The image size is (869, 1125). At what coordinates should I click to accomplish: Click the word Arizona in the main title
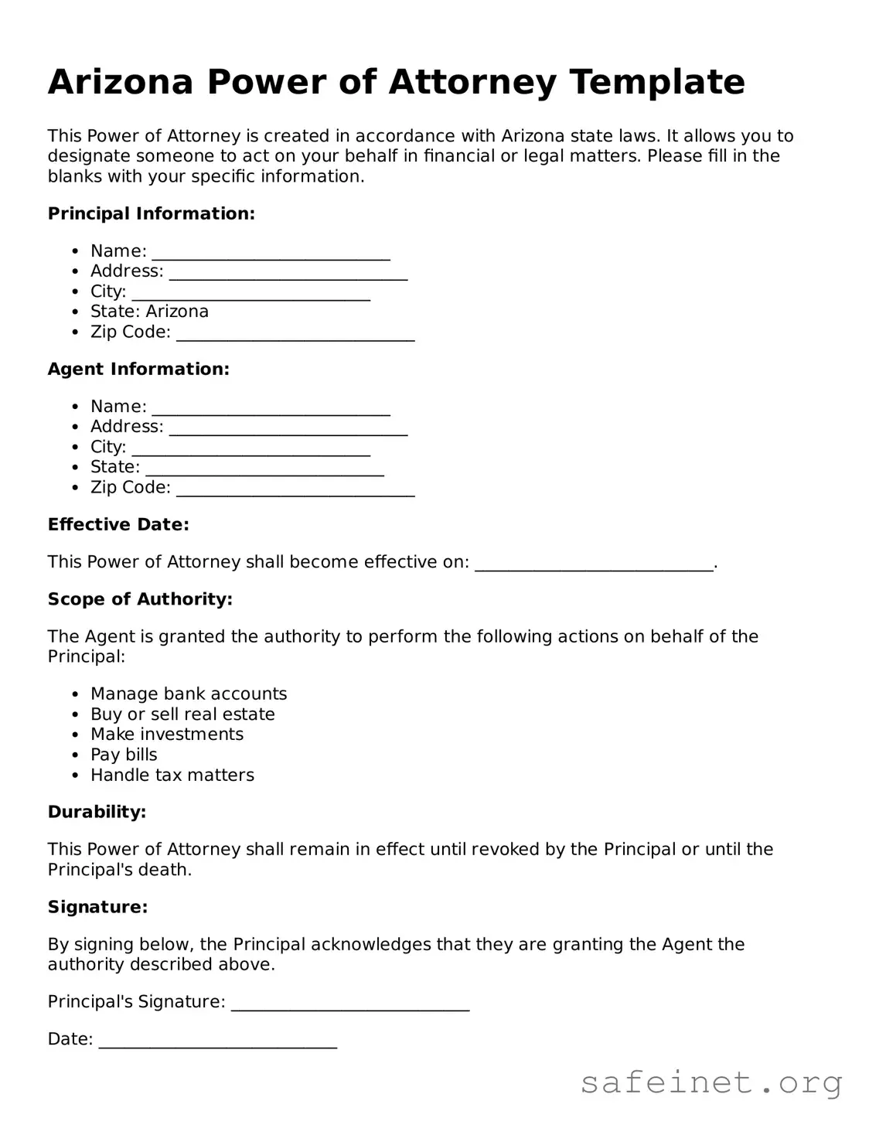(x=120, y=82)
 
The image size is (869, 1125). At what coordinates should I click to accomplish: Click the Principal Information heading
(x=151, y=213)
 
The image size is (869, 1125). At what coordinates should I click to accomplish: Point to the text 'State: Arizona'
(x=149, y=312)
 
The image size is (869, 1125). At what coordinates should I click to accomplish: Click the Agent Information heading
(x=138, y=369)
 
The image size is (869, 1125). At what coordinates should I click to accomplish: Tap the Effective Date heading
(x=118, y=524)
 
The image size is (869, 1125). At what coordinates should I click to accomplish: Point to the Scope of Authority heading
(x=140, y=599)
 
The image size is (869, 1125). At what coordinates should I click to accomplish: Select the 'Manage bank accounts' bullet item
(x=189, y=694)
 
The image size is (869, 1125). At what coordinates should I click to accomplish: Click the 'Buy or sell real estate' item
(x=182, y=714)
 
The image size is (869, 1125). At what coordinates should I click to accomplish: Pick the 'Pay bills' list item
(x=124, y=755)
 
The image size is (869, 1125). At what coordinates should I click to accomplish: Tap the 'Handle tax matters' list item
(x=172, y=775)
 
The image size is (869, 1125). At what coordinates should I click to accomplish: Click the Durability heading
(x=97, y=812)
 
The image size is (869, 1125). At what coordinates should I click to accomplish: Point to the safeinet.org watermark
(x=711, y=1082)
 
